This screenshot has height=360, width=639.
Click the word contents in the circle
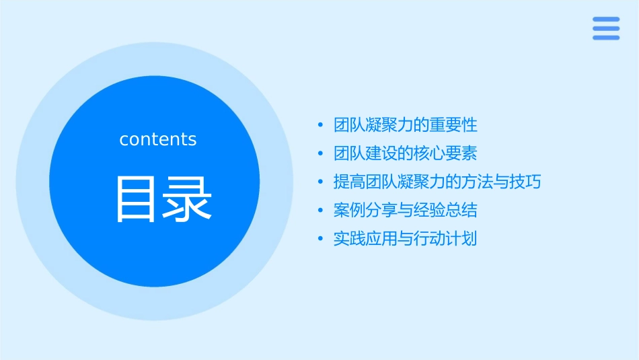[x=158, y=139]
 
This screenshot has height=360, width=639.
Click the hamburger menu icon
[x=606, y=28]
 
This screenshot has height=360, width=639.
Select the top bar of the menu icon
[x=606, y=20]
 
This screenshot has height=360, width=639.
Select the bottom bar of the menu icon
[x=606, y=37]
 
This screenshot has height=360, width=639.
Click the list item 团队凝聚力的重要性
[x=406, y=125]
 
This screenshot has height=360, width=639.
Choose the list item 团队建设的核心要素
[x=406, y=153]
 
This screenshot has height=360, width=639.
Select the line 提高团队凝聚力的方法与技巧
[x=437, y=182]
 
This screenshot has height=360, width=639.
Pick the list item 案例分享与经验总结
[x=406, y=210]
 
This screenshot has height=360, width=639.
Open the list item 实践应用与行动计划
[x=406, y=238]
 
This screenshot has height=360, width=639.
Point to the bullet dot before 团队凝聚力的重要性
[x=321, y=126]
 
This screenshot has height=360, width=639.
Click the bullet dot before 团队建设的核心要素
[x=321, y=154]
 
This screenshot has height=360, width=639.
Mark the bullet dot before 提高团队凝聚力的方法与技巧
[x=321, y=182]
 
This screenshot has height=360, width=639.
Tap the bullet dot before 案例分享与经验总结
[x=321, y=211]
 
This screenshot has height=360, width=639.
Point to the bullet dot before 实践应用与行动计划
[x=321, y=239]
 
